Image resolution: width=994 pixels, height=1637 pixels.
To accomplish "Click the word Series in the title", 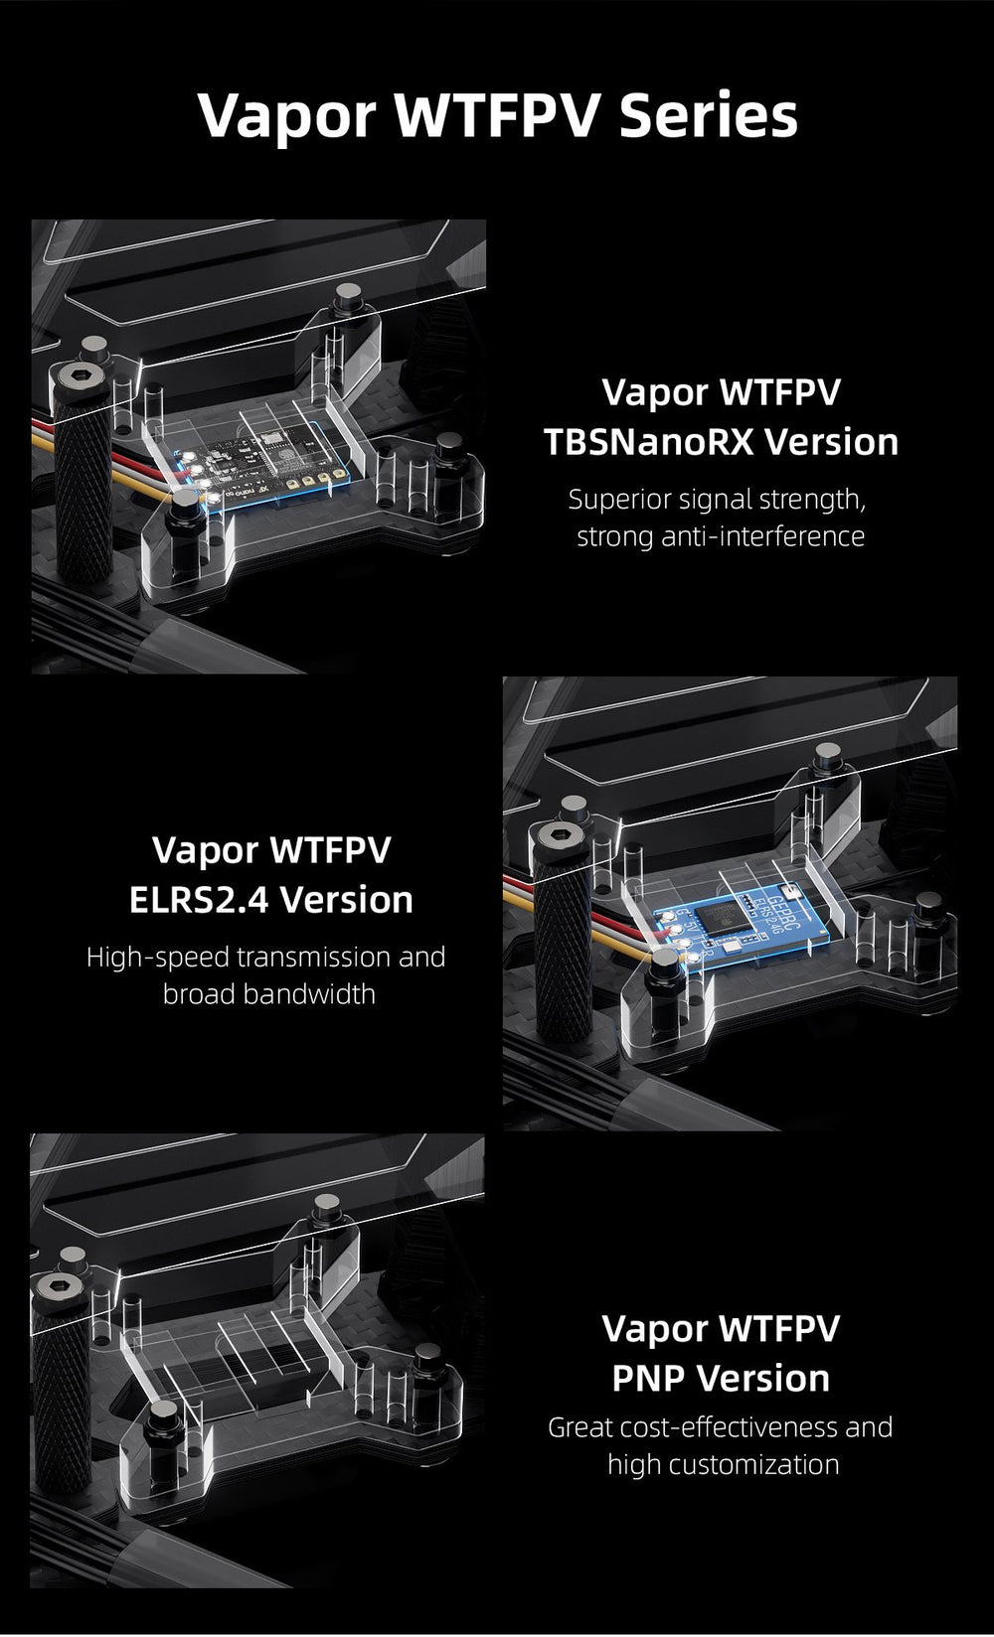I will pos(708,115).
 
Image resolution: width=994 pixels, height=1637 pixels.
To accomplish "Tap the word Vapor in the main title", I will pos(286,117).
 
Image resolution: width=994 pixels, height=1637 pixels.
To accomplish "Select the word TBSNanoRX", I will pos(642,442).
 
